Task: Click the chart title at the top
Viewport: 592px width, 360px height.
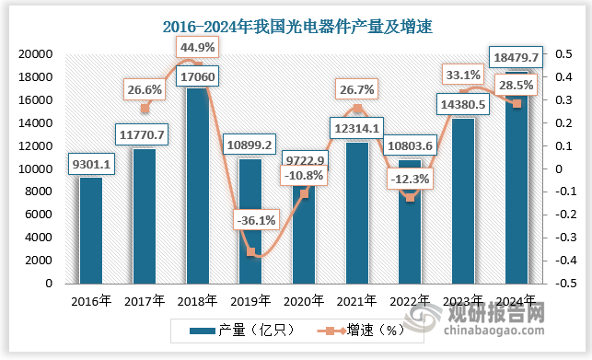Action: click(296, 25)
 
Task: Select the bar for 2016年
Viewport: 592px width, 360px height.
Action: click(90, 230)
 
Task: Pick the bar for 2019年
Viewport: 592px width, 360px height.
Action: click(250, 221)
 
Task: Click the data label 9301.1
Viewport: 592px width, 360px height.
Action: click(90, 166)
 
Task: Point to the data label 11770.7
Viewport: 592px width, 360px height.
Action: click(142, 136)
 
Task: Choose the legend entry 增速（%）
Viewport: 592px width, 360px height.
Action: click(359, 330)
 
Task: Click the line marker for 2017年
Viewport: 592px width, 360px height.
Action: click(144, 109)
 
